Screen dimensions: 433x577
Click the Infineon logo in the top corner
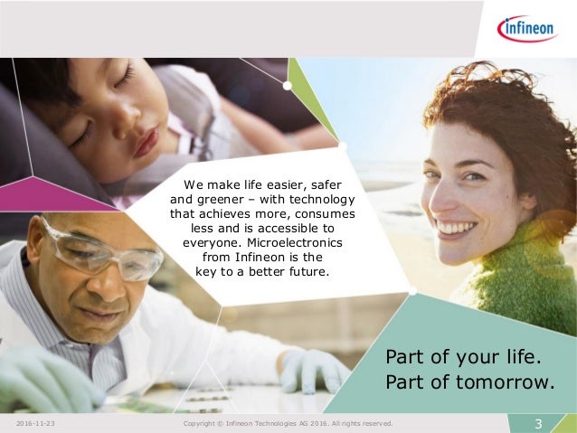coord(527,29)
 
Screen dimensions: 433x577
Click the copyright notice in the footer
coord(288,423)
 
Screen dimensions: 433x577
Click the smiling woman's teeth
coord(457,228)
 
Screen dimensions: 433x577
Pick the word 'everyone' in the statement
coord(211,241)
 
